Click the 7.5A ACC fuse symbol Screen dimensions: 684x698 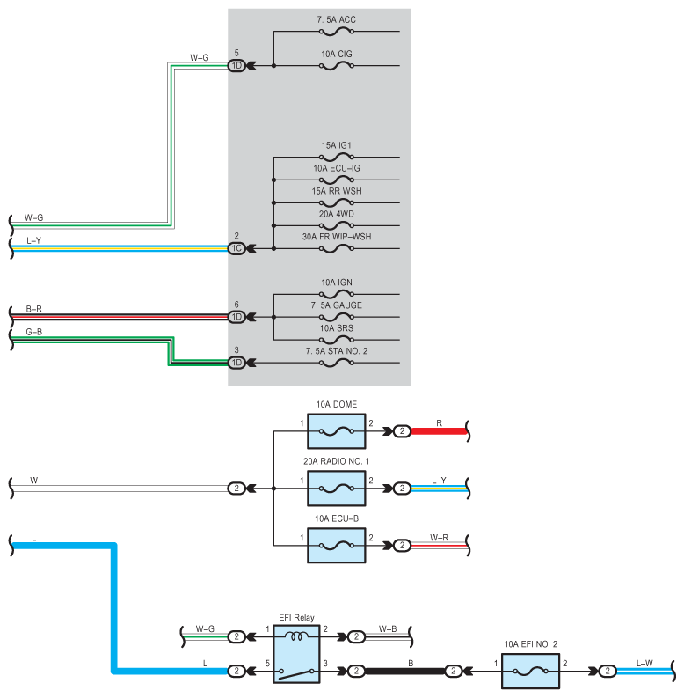(x=337, y=32)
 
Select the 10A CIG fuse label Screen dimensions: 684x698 (x=337, y=55)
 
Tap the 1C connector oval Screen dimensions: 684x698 (x=236, y=248)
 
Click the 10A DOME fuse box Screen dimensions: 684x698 (x=337, y=431)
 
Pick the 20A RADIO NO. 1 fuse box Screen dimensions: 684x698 (x=337, y=489)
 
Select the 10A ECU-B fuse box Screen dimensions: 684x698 (x=337, y=546)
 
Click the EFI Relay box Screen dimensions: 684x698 (x=296, y=654)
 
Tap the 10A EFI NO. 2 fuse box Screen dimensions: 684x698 (x=530, y=672)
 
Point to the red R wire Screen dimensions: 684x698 (x=438, y=431)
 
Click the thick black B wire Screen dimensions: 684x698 (x=404, y=672)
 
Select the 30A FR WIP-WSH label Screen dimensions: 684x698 (x=337, y=237)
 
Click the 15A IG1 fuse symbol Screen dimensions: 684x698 (x=337, y=158)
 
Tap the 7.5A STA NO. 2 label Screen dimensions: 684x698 (x=337, y=351)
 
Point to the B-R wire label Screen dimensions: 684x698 (x=33, y=309)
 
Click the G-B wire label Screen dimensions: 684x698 (x=33, y=332)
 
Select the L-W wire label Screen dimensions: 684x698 (x=644, y=664)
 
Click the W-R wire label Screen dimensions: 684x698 (x=439, y=538)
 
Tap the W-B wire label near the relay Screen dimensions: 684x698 (x=388, y=629)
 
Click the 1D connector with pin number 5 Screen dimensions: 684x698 (x=236, y=66)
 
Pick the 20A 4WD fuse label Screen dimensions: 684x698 (x=337, y=214)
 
